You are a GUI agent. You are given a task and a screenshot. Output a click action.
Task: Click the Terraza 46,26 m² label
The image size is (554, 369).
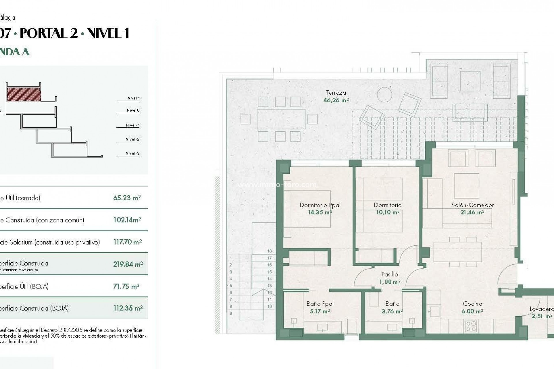(336, 97)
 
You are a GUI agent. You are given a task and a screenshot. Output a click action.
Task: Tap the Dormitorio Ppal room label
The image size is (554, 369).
(320, 205)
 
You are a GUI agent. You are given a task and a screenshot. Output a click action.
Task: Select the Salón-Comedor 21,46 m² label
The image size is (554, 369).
(472, 209)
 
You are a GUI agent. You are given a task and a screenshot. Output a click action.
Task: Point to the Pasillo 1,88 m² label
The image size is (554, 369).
(390, 278)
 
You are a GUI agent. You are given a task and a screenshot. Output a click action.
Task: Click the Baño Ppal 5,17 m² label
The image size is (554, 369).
(320, 307)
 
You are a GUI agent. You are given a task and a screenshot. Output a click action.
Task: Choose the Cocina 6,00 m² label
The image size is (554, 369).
(472, 307)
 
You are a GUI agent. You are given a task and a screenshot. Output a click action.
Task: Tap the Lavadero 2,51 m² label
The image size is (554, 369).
(541, 312)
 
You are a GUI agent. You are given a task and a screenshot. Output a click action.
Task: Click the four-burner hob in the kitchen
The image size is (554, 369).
(471, 326)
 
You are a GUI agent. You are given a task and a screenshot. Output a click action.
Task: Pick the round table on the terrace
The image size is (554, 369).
(384, 94)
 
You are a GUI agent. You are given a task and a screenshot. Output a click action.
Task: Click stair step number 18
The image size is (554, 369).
(269, 251)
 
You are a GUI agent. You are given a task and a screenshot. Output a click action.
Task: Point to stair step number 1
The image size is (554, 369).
(231, 258)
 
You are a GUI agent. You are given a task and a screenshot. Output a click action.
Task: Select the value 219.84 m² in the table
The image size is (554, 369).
(128, 264)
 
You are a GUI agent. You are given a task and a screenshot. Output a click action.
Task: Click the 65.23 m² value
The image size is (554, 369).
(127, 198)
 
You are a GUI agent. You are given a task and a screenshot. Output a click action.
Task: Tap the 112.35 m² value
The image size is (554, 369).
(128, 308)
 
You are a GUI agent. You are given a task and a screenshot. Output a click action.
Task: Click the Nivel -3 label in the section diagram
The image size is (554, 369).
(132, 153)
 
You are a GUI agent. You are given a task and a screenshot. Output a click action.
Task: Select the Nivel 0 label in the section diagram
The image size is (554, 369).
(133, 110)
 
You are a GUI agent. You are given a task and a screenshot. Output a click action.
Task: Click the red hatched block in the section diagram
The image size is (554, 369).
(24, 95)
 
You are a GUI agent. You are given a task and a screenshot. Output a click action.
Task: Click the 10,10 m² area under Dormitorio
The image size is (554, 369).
(387, 212)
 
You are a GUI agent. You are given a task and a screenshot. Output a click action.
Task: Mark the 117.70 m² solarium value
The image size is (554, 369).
(127, 242)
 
